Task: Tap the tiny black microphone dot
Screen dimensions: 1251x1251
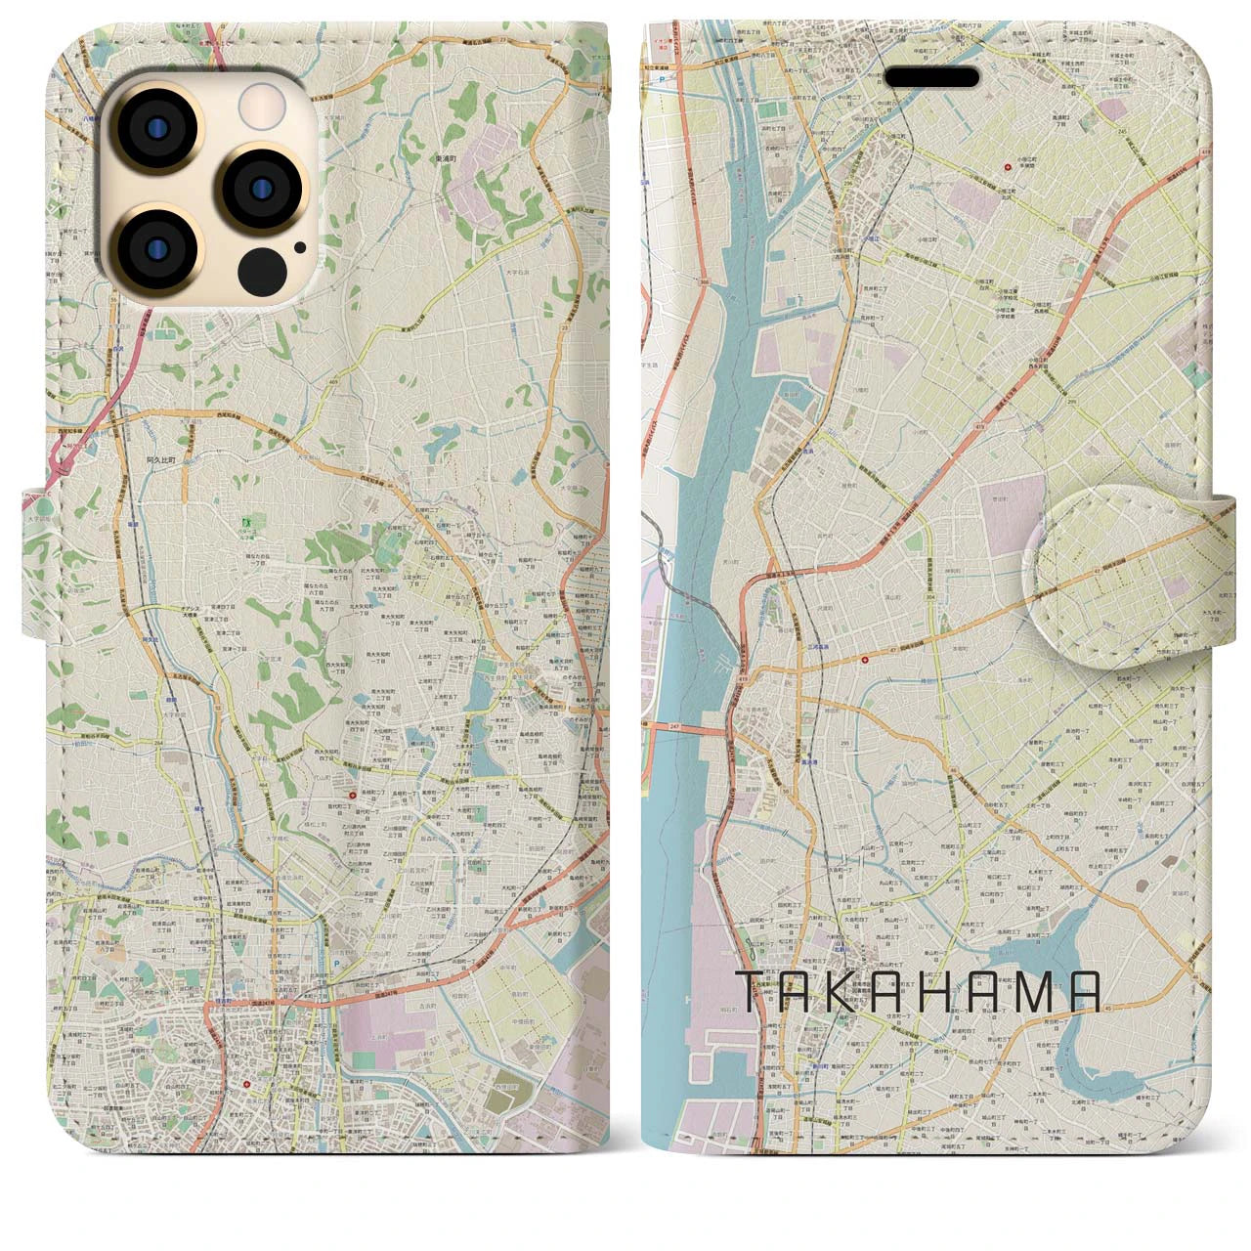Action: pyautogui.click(x=298, y=247)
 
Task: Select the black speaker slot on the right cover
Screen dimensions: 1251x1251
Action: pyautogui.click(x=932, y=77)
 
